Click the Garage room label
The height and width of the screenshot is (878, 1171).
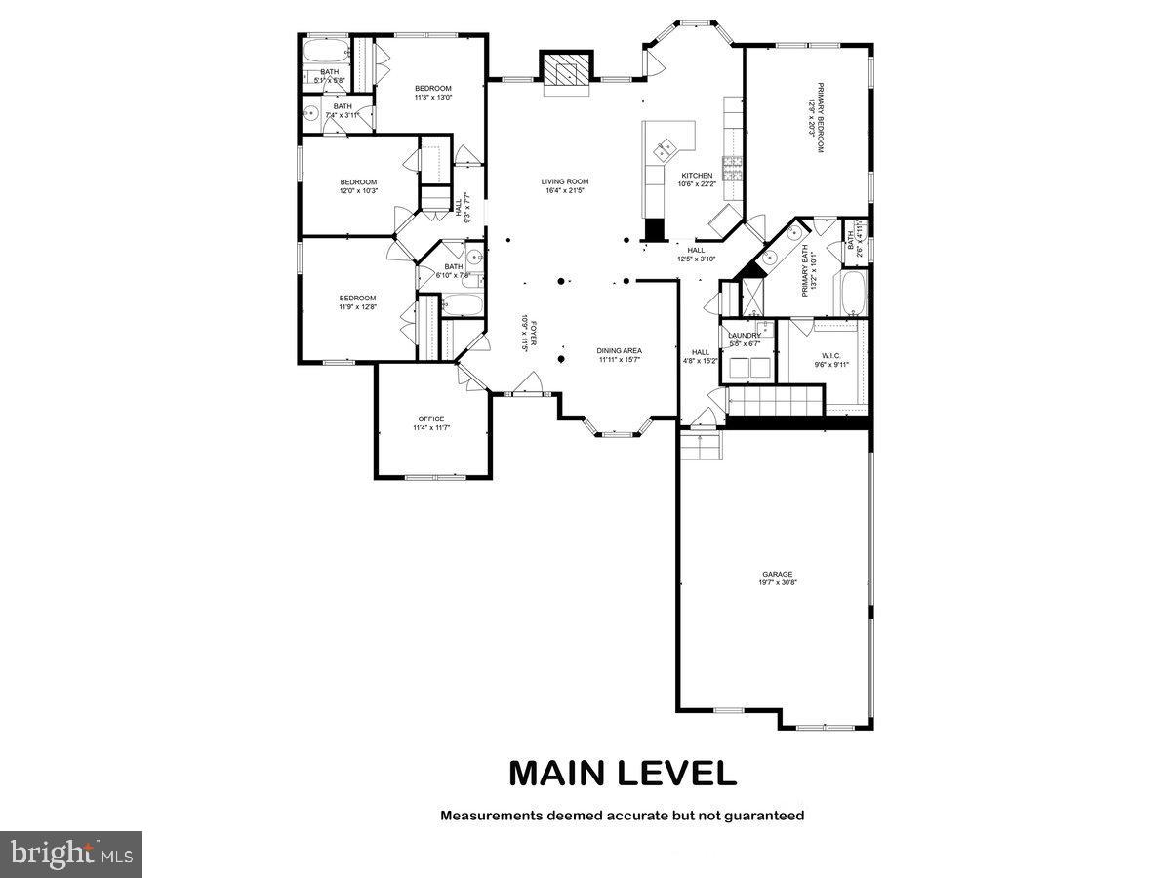778,575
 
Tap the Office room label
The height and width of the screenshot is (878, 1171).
430,419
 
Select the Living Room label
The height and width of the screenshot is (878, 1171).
565,181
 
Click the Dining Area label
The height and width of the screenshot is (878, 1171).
619,351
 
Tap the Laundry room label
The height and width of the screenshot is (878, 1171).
745,336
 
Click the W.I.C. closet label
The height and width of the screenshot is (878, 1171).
831,355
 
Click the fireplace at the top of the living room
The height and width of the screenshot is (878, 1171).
566,71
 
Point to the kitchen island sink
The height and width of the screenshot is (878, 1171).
666,149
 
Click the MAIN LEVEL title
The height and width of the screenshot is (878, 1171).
622,773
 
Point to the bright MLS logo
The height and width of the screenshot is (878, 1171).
71,855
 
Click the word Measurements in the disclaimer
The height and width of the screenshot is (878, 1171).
489,815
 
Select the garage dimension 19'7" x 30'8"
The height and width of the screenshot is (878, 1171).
778,583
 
